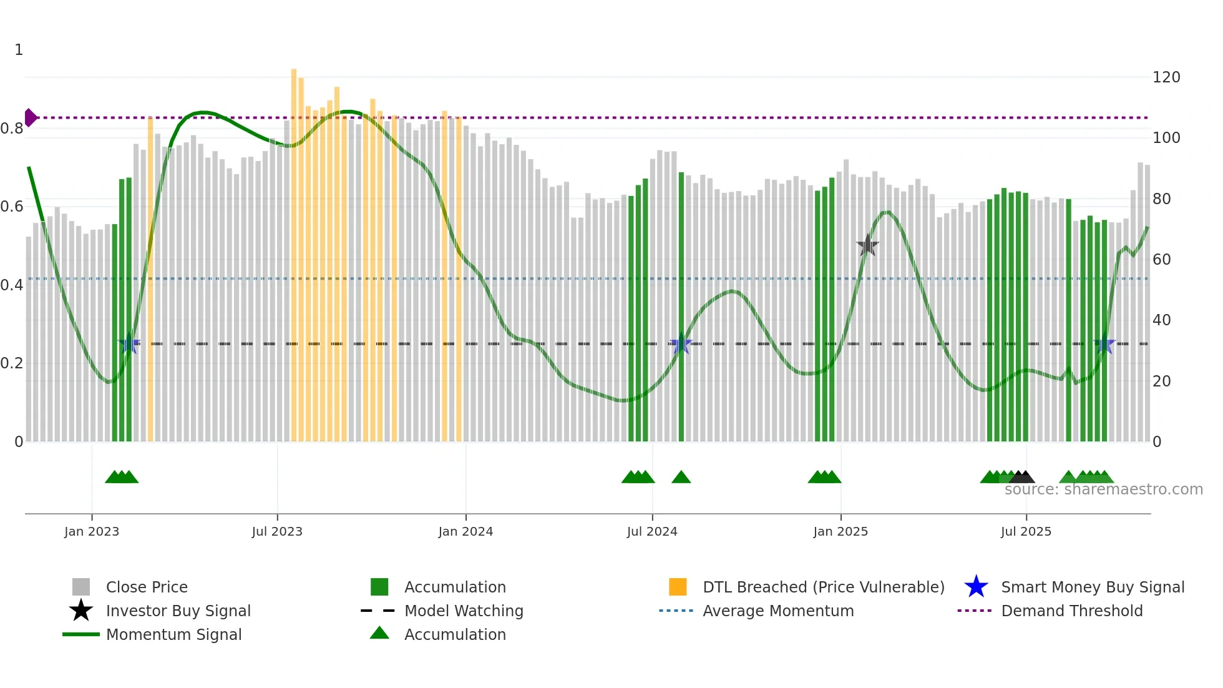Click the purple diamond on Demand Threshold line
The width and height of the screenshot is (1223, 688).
click(x=31, y=117)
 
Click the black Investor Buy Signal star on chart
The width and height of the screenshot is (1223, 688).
click(x=867, y=245)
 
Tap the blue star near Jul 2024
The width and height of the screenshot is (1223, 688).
click(x=681, y=344)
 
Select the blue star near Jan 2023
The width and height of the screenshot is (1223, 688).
click(x=129, y=343)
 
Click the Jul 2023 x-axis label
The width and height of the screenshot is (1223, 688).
click(x=277, y=531)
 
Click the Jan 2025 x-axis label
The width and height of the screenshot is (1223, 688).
click(x=841, y=531)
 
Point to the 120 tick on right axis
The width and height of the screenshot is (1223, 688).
click(x=1166, y=77)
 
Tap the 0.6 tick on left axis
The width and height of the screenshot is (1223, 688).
click(x=12, y=207)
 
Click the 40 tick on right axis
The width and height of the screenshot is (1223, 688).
click(x=1161, y=320)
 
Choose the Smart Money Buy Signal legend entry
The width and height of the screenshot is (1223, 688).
click(x=1092, y=587)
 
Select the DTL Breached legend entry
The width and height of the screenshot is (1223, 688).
click(x=823, y=587)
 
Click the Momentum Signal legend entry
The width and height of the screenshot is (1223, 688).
click(x=173, y=634)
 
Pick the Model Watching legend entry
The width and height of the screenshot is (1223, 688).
click(x=463, y=611)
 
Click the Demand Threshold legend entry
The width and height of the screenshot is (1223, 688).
click(x=1071, y=611)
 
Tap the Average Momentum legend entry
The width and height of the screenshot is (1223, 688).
click(x=777, y=611)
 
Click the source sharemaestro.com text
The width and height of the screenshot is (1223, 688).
click(x=1103, y=489)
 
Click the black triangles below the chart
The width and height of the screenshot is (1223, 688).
click(x=1022, y=477)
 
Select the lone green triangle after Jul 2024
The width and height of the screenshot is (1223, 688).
click(x=681, y=478)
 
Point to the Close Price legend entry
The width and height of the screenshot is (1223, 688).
click(x=146, y=587)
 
